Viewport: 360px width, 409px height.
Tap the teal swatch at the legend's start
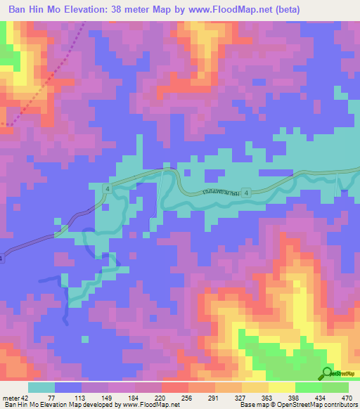[x=41, y=388]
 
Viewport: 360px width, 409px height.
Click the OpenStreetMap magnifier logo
[x=326, y=373]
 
